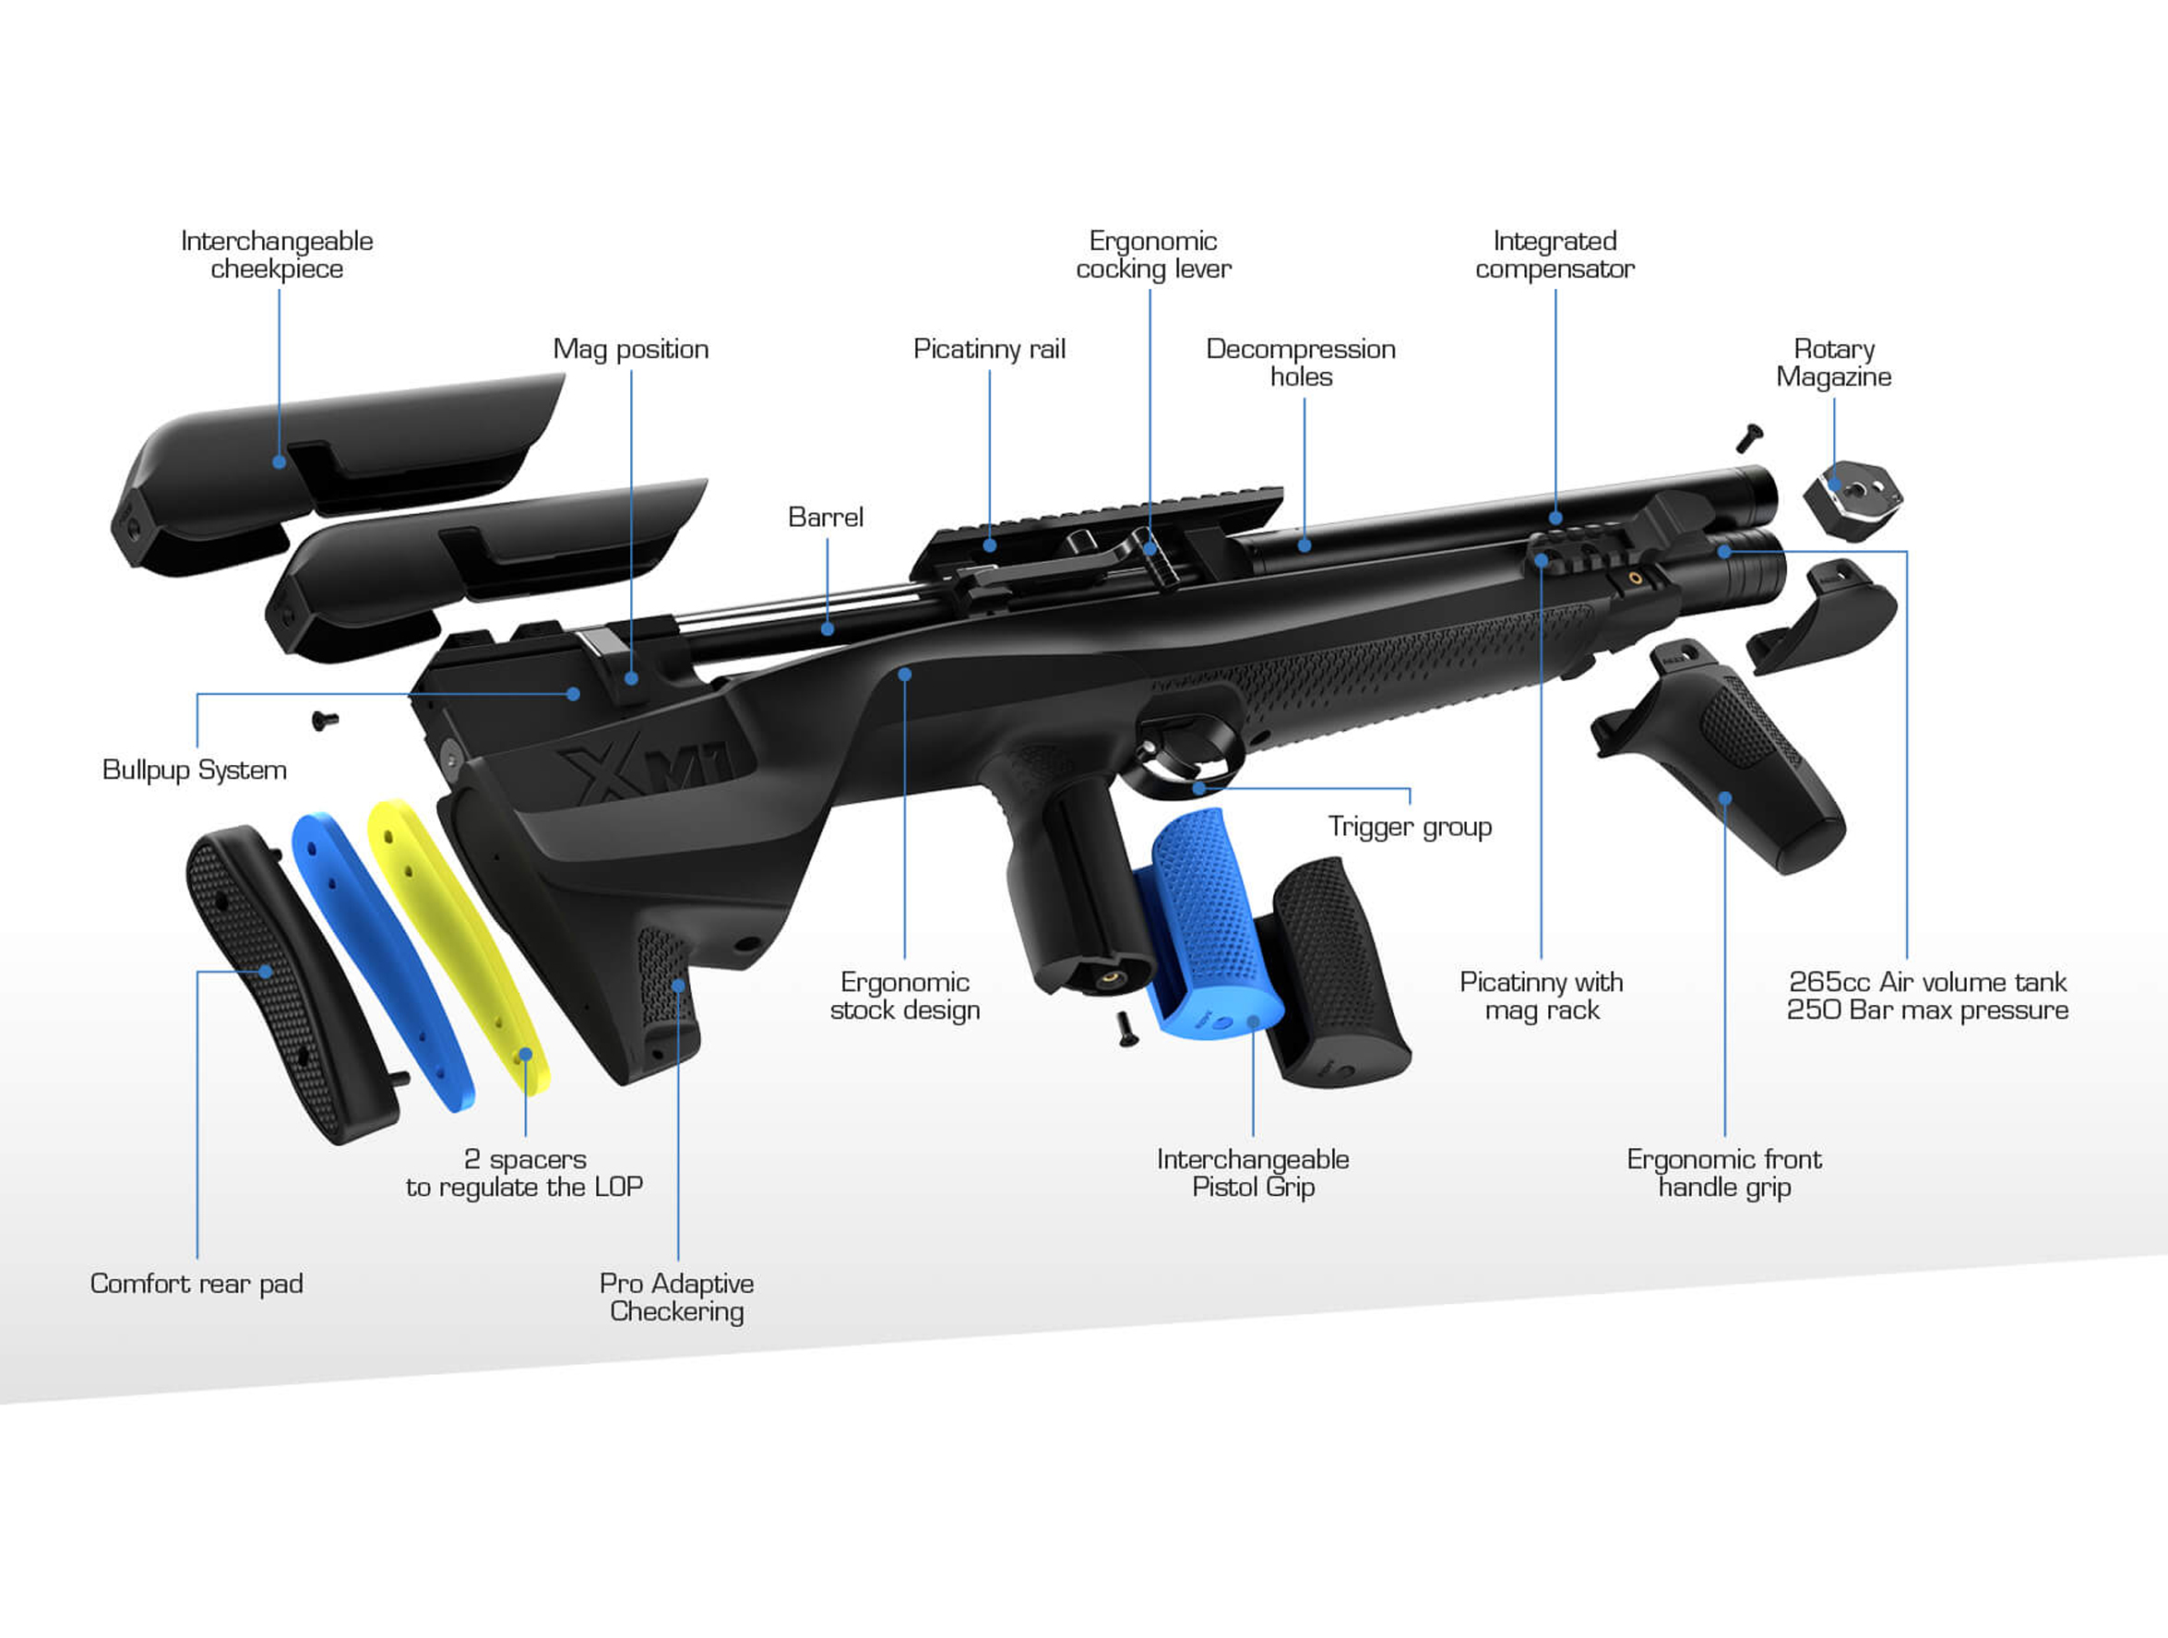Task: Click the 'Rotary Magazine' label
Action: pyautogui.click(x=1833, y=363)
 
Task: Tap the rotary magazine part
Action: pyautogui.click(x=1852, y=499)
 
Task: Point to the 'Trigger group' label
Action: pyautogui.click(x=1410, y=826)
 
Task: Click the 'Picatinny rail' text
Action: pyautogui.click(x=989, y=349)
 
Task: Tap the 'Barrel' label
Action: pyautogui.click(x=826, y=517)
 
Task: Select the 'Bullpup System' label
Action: pyautogui.click(x=194, y=770)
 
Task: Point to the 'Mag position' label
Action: pyautogui.click(x=630, y=349)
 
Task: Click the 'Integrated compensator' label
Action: pyautogui.click(x=1555, y=255)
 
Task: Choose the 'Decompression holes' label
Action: pyautogui.click(x=1301, y=363)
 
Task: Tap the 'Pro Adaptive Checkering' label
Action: pyautogui.click(x=676, y=1297)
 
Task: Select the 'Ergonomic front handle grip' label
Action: pyautogui.click(x=1724, y=1172)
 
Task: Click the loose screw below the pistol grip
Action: pyautogui.click(x=1127, y=1029)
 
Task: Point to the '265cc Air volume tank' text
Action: pyautogui.click(x=1927, y=982)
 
